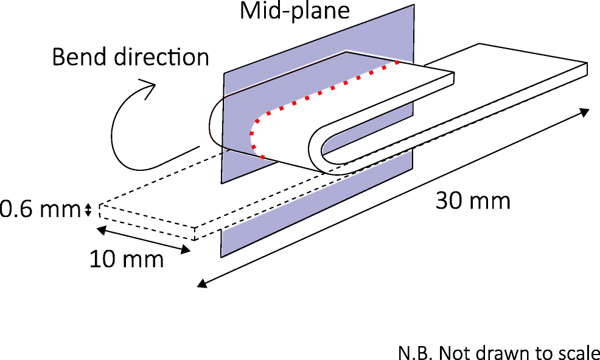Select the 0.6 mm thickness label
pyautogui.click(x=40, y=210)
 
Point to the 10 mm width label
pyautogui.click(x=127, y=260)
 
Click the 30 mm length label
pyautogui.click(x=473, y=201)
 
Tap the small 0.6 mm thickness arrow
pyautogui.click(x=88, y=210)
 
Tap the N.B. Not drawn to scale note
pyautogui.click(x=499, y=352)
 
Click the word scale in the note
pyautogui.click(x=582, y=352)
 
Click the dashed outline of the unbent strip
pyautogui.click(x=146, y=219)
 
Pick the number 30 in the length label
pyautogui.click(x=449, y=201)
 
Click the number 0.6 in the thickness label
pyautogui.click(x=15, y=210)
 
